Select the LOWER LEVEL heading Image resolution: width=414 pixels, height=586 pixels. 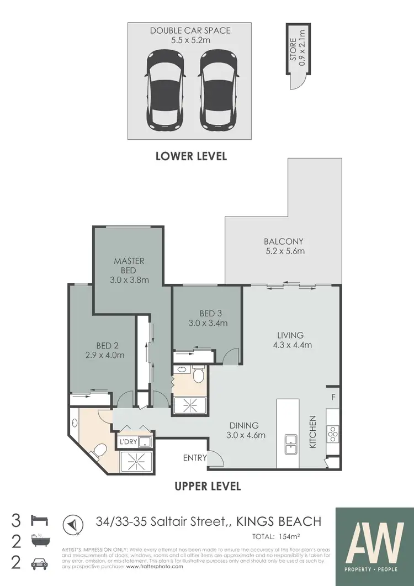(x=191, y=156)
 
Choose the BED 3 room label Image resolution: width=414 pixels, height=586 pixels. (x=206, y=313)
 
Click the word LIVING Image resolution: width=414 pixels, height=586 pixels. (x=290, y=335)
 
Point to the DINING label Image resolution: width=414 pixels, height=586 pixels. (x=244, y=425)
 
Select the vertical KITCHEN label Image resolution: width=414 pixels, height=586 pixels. (x=312, y=431)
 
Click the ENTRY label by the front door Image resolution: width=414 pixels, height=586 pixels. (x=195, y=457)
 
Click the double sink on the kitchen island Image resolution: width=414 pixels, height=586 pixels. (x=290, y=444)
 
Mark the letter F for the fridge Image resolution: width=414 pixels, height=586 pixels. (x=333, y=397)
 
